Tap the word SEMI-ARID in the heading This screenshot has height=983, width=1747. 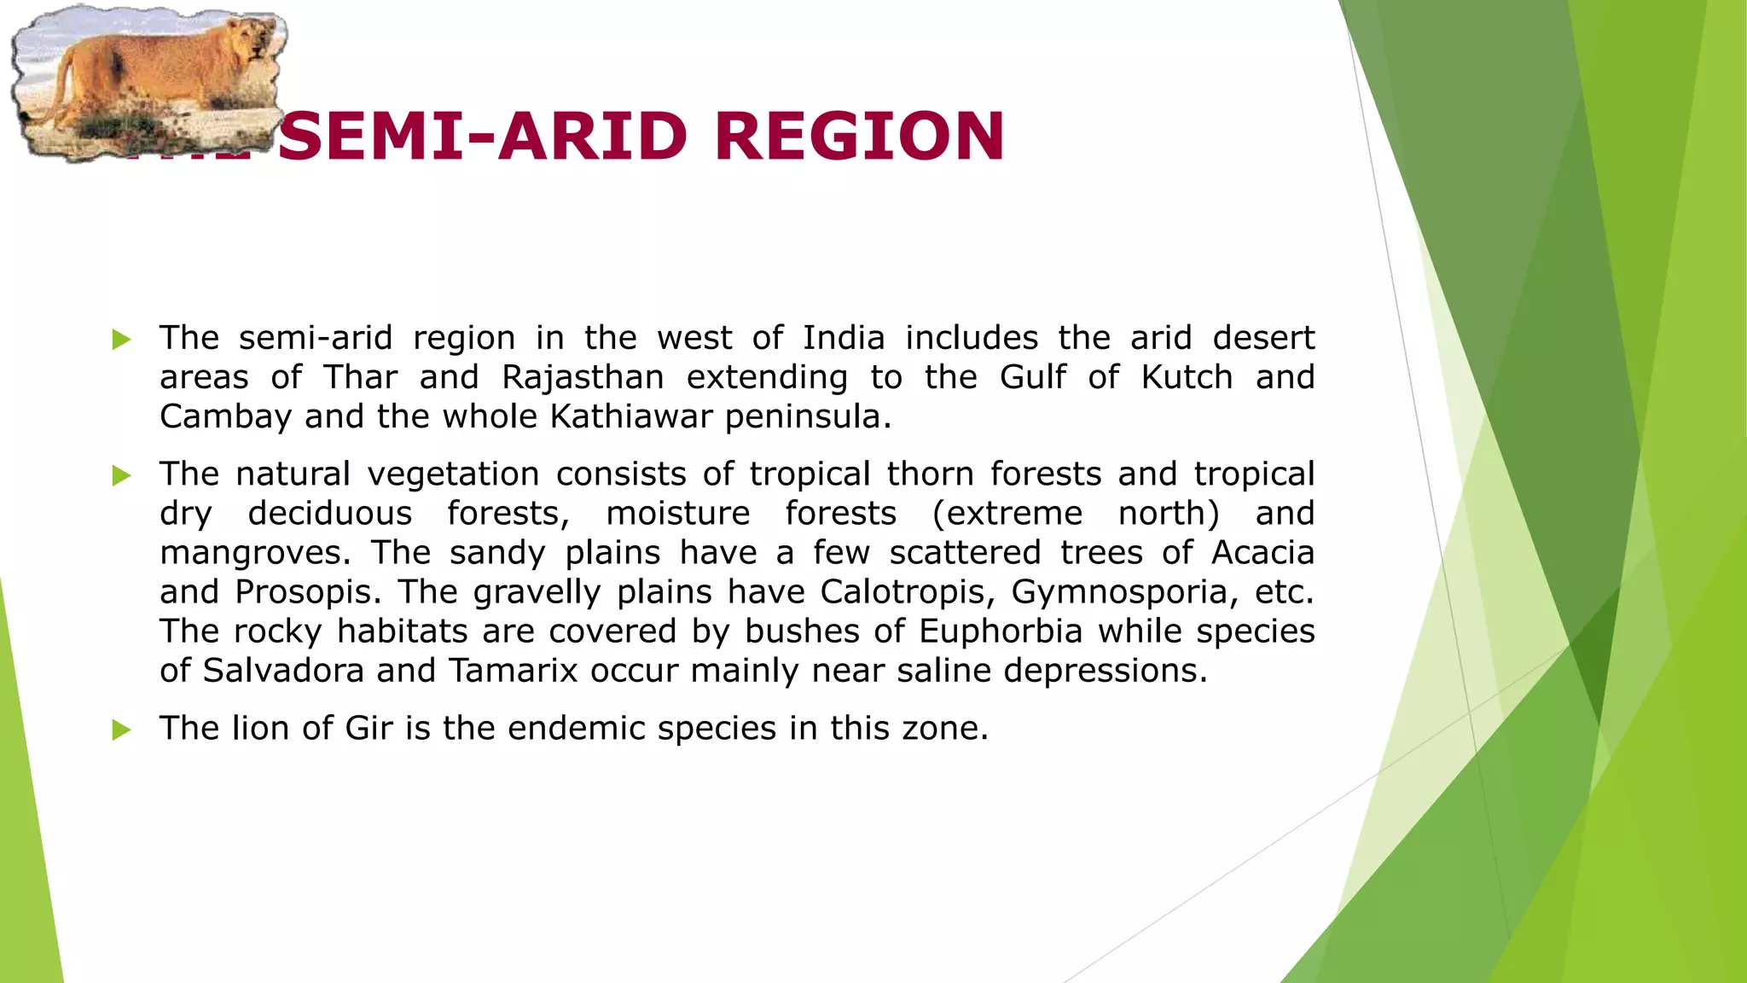point(483,137)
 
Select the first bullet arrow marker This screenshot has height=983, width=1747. point(121,340)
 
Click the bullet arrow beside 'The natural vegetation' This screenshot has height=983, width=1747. point(121,476)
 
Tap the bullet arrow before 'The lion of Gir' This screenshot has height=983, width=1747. point(121,730)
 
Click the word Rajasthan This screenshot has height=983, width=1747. point(583,377)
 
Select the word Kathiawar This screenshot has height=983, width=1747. point(631,416)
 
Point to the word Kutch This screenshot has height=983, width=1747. point(1187,377)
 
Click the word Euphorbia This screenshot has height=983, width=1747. point(1001,631)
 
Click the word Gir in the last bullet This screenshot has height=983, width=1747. point(369,729)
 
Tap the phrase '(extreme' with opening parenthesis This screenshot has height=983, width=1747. point(1007,514)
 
